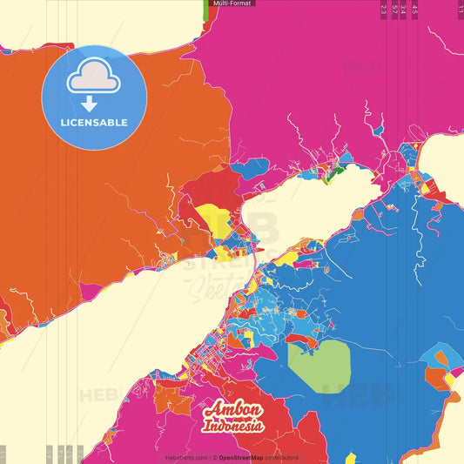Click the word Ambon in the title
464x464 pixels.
click(234, 410)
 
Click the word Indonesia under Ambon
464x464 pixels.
click(234, 426)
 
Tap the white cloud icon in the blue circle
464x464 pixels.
click(94, 80)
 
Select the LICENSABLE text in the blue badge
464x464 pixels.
click(94, 123)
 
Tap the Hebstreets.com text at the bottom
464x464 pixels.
click(186, 457)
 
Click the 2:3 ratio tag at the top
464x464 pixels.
click(384, 10)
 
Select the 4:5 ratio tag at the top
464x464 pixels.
click(414, 10)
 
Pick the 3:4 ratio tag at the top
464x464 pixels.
click(404, 10)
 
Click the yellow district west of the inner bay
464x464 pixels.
click(212, 218)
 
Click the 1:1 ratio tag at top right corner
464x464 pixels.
click(460, 9)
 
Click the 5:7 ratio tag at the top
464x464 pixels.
click(394, 10)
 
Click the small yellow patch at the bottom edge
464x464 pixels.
click(350, 458)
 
